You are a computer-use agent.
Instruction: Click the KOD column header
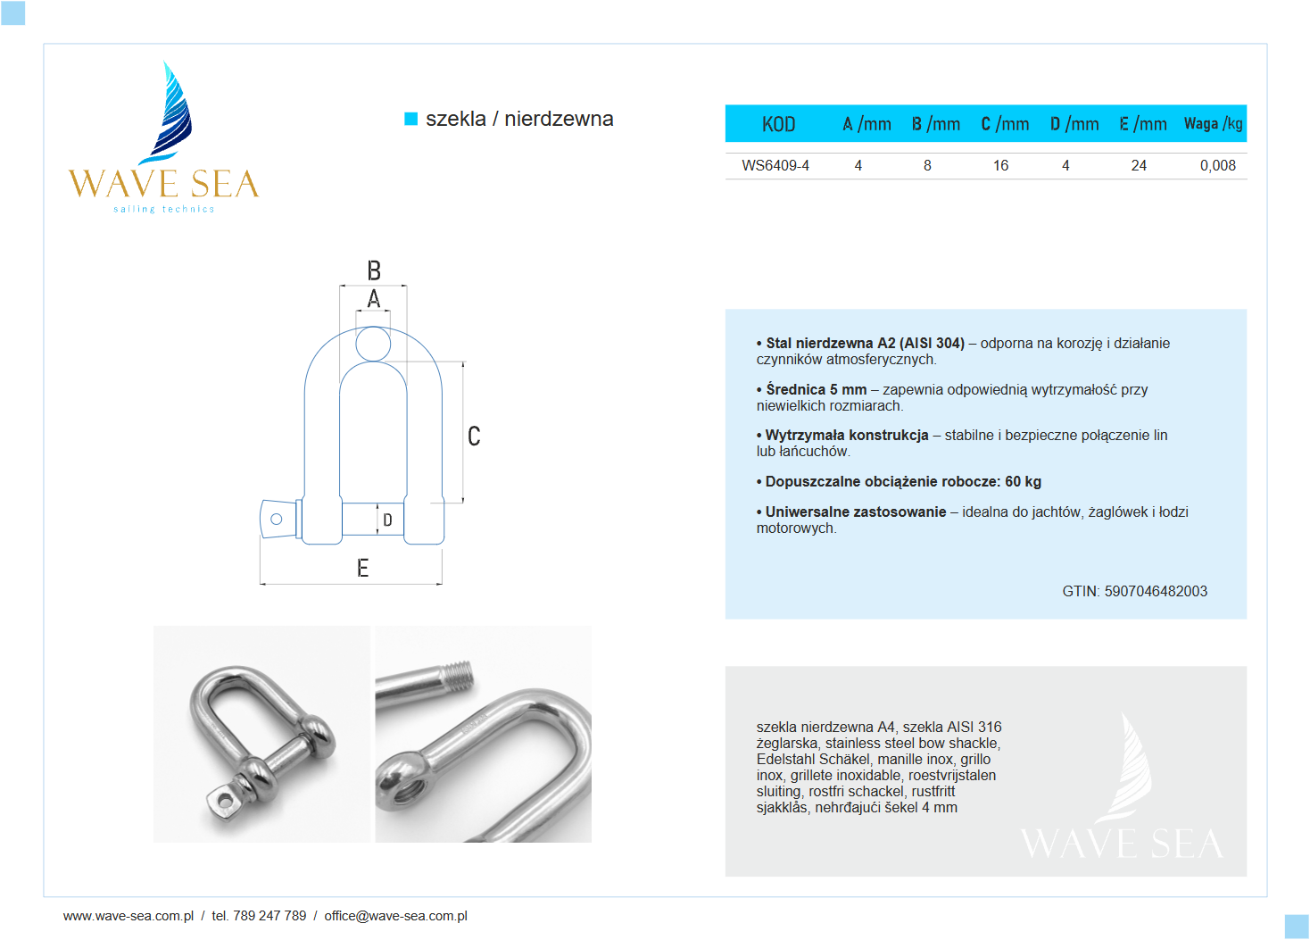[778, 124]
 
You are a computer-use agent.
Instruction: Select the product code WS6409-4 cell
[775, 166]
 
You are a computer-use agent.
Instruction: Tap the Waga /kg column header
[1213, 124]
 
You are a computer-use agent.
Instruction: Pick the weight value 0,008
[1217, 166]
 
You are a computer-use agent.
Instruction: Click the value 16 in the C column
[1000, 166]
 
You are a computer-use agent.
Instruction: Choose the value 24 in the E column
[1139, 166]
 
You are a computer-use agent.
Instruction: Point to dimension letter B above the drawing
[374, 270]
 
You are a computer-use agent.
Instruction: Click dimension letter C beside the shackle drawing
[474, 436]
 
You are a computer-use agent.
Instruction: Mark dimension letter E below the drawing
[362, 568]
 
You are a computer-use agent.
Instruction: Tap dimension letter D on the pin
[387, 520]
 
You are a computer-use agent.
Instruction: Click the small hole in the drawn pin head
[277, 520]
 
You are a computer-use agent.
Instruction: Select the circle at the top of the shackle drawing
[373, 344]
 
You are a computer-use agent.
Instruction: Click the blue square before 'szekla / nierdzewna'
[411, 119]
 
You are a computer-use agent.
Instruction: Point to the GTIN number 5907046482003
[1156, 591]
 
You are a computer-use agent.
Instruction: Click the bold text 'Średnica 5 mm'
[816, 389]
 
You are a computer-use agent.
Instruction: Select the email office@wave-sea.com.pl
[395, 916]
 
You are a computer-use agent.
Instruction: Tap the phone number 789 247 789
[269, 916]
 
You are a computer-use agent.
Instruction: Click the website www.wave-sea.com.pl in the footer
[129, 916]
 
